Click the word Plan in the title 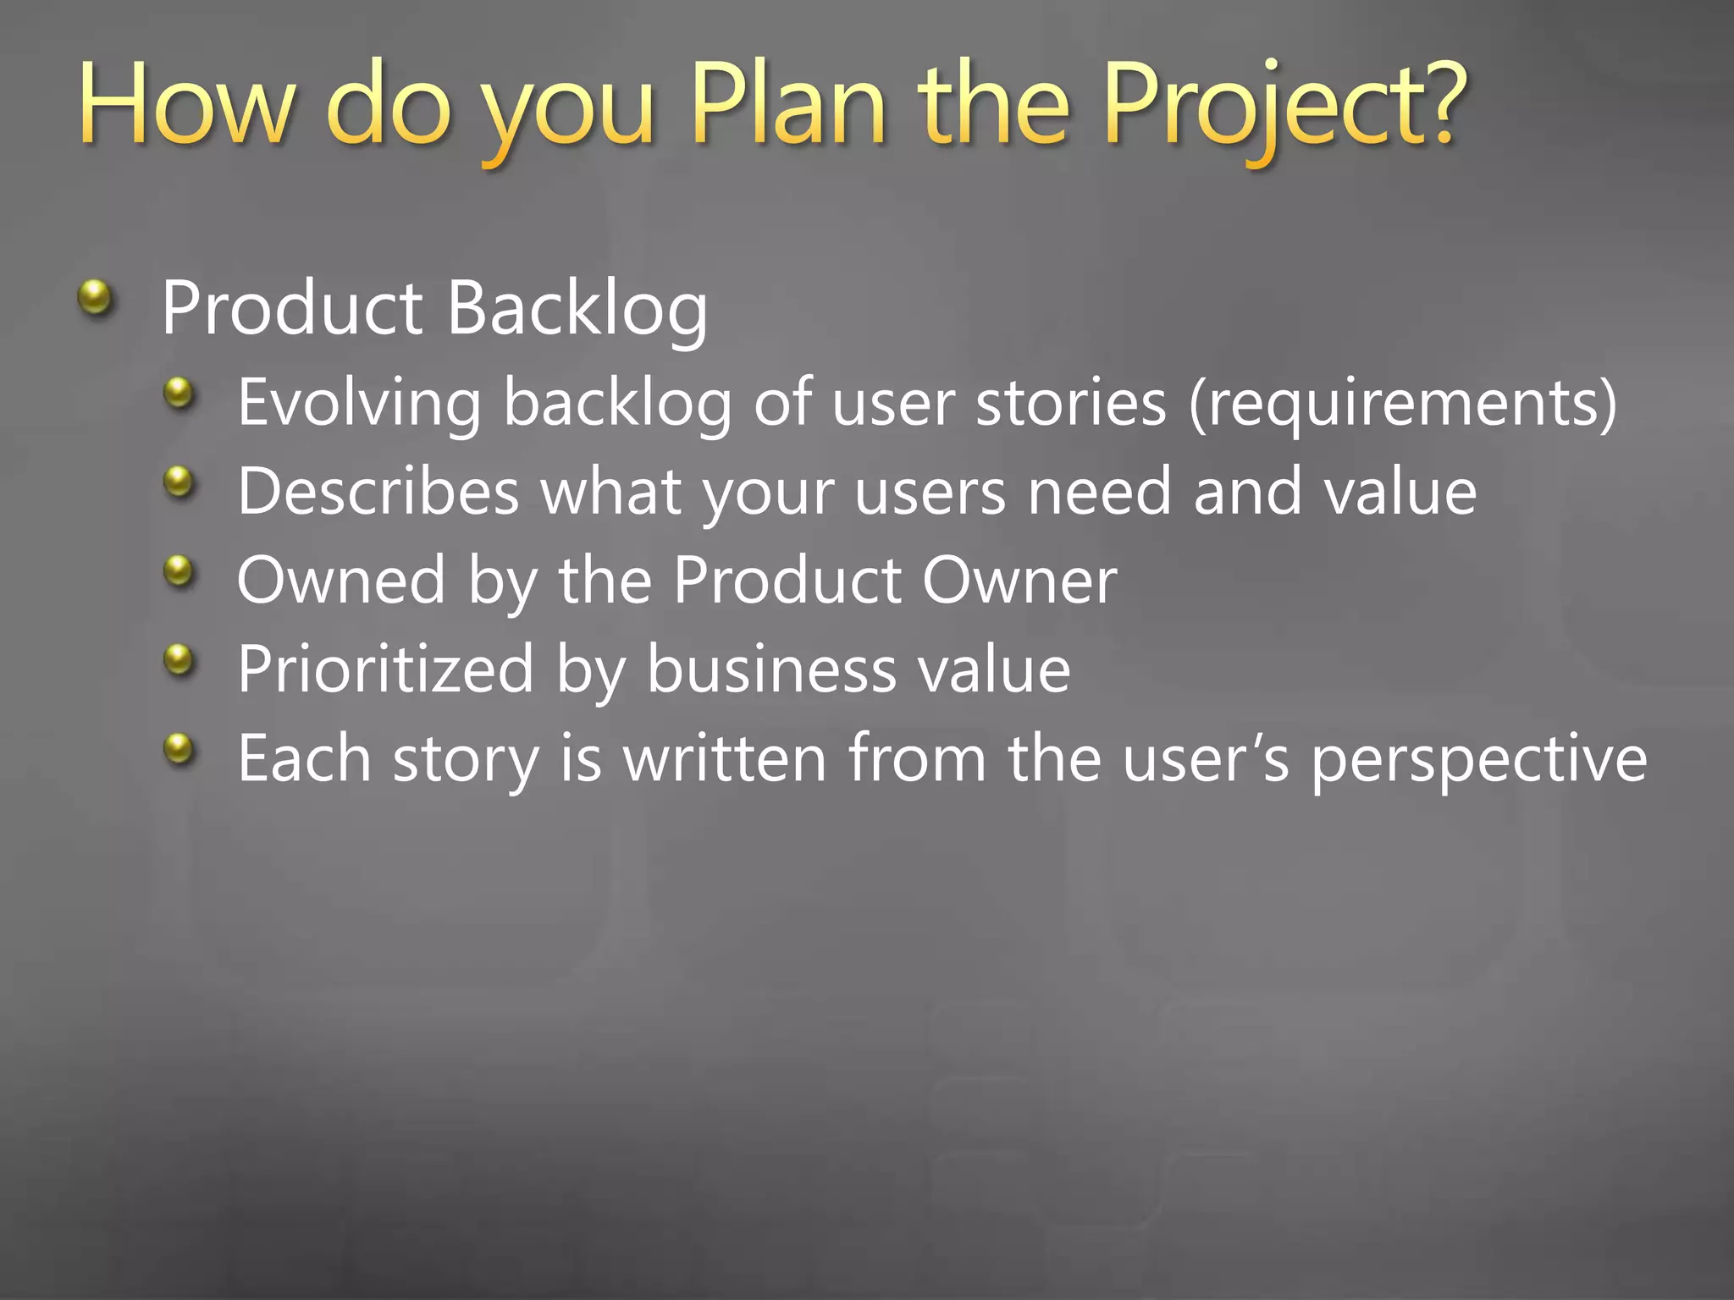(x=787, y=106)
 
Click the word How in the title (x=186, y=106)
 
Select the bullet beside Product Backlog (x=96, y=298)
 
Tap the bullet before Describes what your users (x=179, y=482)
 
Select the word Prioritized (x=385, y=669)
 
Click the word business (x=771, y=669)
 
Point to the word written (x=724, y=758)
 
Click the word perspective (x=1478, y=758)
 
